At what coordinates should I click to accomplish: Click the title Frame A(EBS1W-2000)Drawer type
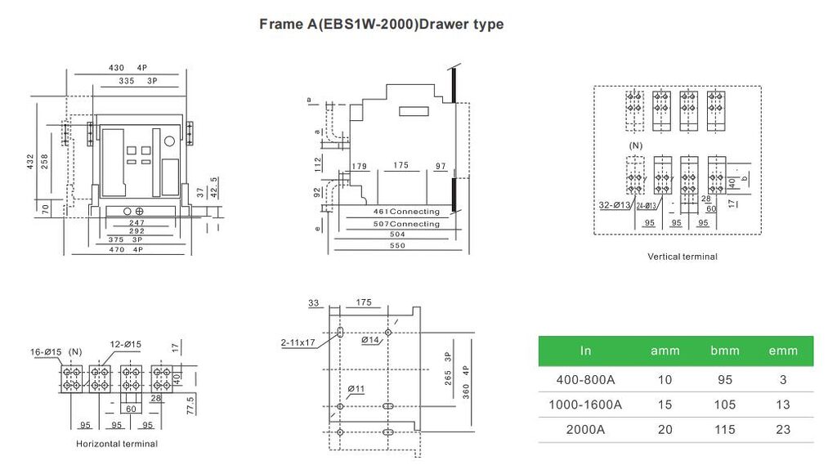pos(381,24)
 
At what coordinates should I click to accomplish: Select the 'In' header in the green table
pos(585,351)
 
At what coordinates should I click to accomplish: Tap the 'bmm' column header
pos(724,351)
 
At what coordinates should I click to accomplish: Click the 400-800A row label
pos(585,380)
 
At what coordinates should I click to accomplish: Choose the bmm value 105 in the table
pos(724,405)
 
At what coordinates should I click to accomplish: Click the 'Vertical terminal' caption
pos(682,257)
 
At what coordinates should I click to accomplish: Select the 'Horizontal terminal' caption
pos(117,444)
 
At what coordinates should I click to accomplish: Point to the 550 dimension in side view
pos(397,245)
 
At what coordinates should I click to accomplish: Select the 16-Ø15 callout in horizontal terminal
pos(47,351)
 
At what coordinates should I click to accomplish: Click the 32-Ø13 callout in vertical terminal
pos(614,205)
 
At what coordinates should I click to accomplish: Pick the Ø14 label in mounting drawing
pos(370,339)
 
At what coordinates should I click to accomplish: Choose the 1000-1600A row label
pos(585,405)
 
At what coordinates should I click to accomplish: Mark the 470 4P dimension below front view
pos(126,250)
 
